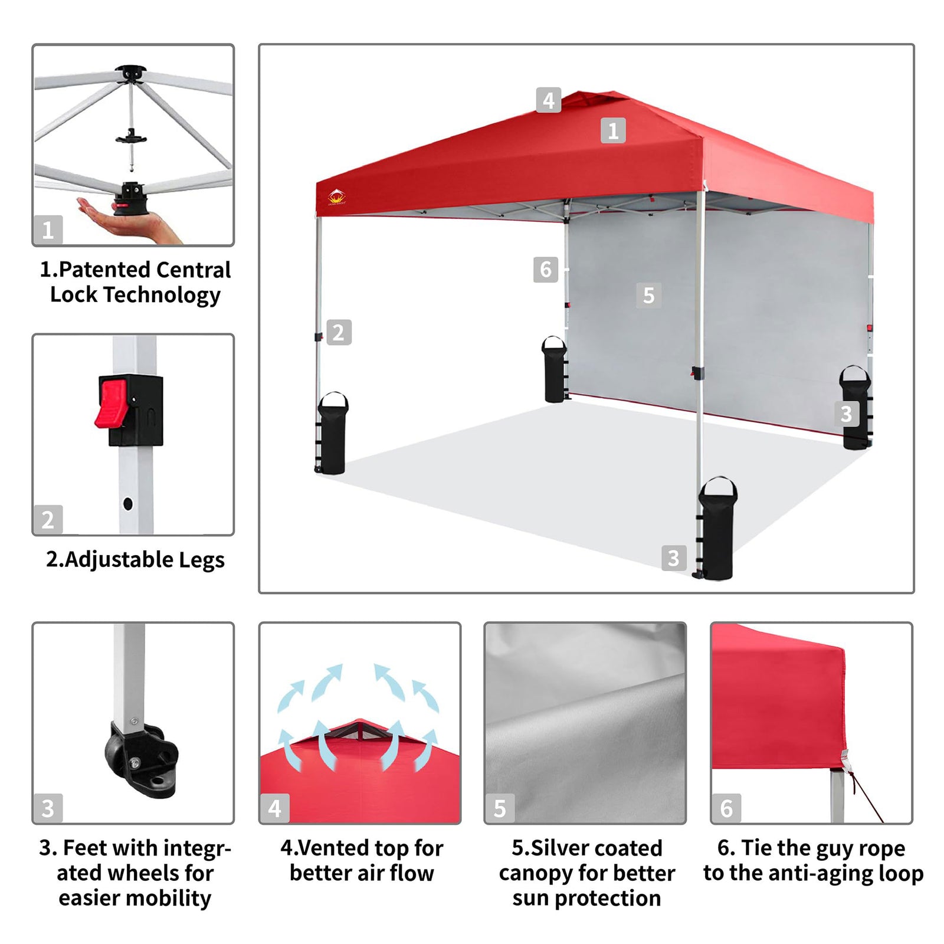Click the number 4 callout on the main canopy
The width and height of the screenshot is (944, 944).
tap(548, 100)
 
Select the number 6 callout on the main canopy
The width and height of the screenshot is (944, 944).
tap(546, 270)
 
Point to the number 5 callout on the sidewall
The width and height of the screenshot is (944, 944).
tap(648, 295)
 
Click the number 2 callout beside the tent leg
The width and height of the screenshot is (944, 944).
tap(339, 332)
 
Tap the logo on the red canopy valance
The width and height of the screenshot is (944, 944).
tap(337, 197)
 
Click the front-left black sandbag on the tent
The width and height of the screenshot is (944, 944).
tap(333, 433)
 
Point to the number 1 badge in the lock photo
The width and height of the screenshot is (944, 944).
tap(48, 230)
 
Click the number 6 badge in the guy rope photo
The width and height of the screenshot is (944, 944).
tap(726, 808)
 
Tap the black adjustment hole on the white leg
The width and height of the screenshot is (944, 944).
tap(128, 504)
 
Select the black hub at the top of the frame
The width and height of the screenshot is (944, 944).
tap(130, 74)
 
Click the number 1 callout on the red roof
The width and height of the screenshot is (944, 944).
tap(613, 130)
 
